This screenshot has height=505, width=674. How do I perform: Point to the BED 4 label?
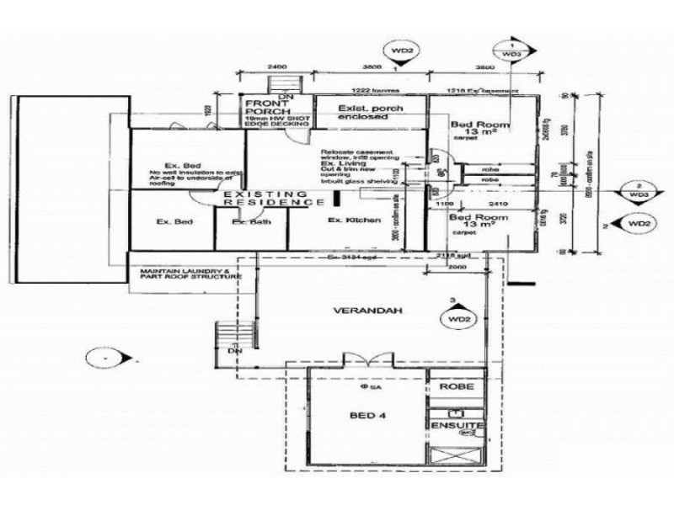(367, 416)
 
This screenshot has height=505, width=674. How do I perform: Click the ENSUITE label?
(456, 428)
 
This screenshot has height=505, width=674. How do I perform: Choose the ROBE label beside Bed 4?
(456, 387)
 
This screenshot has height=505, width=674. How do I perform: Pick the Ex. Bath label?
(250, 222)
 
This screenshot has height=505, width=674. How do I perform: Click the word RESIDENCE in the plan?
(284, 204)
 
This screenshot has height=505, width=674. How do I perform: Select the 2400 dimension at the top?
(276, 65)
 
